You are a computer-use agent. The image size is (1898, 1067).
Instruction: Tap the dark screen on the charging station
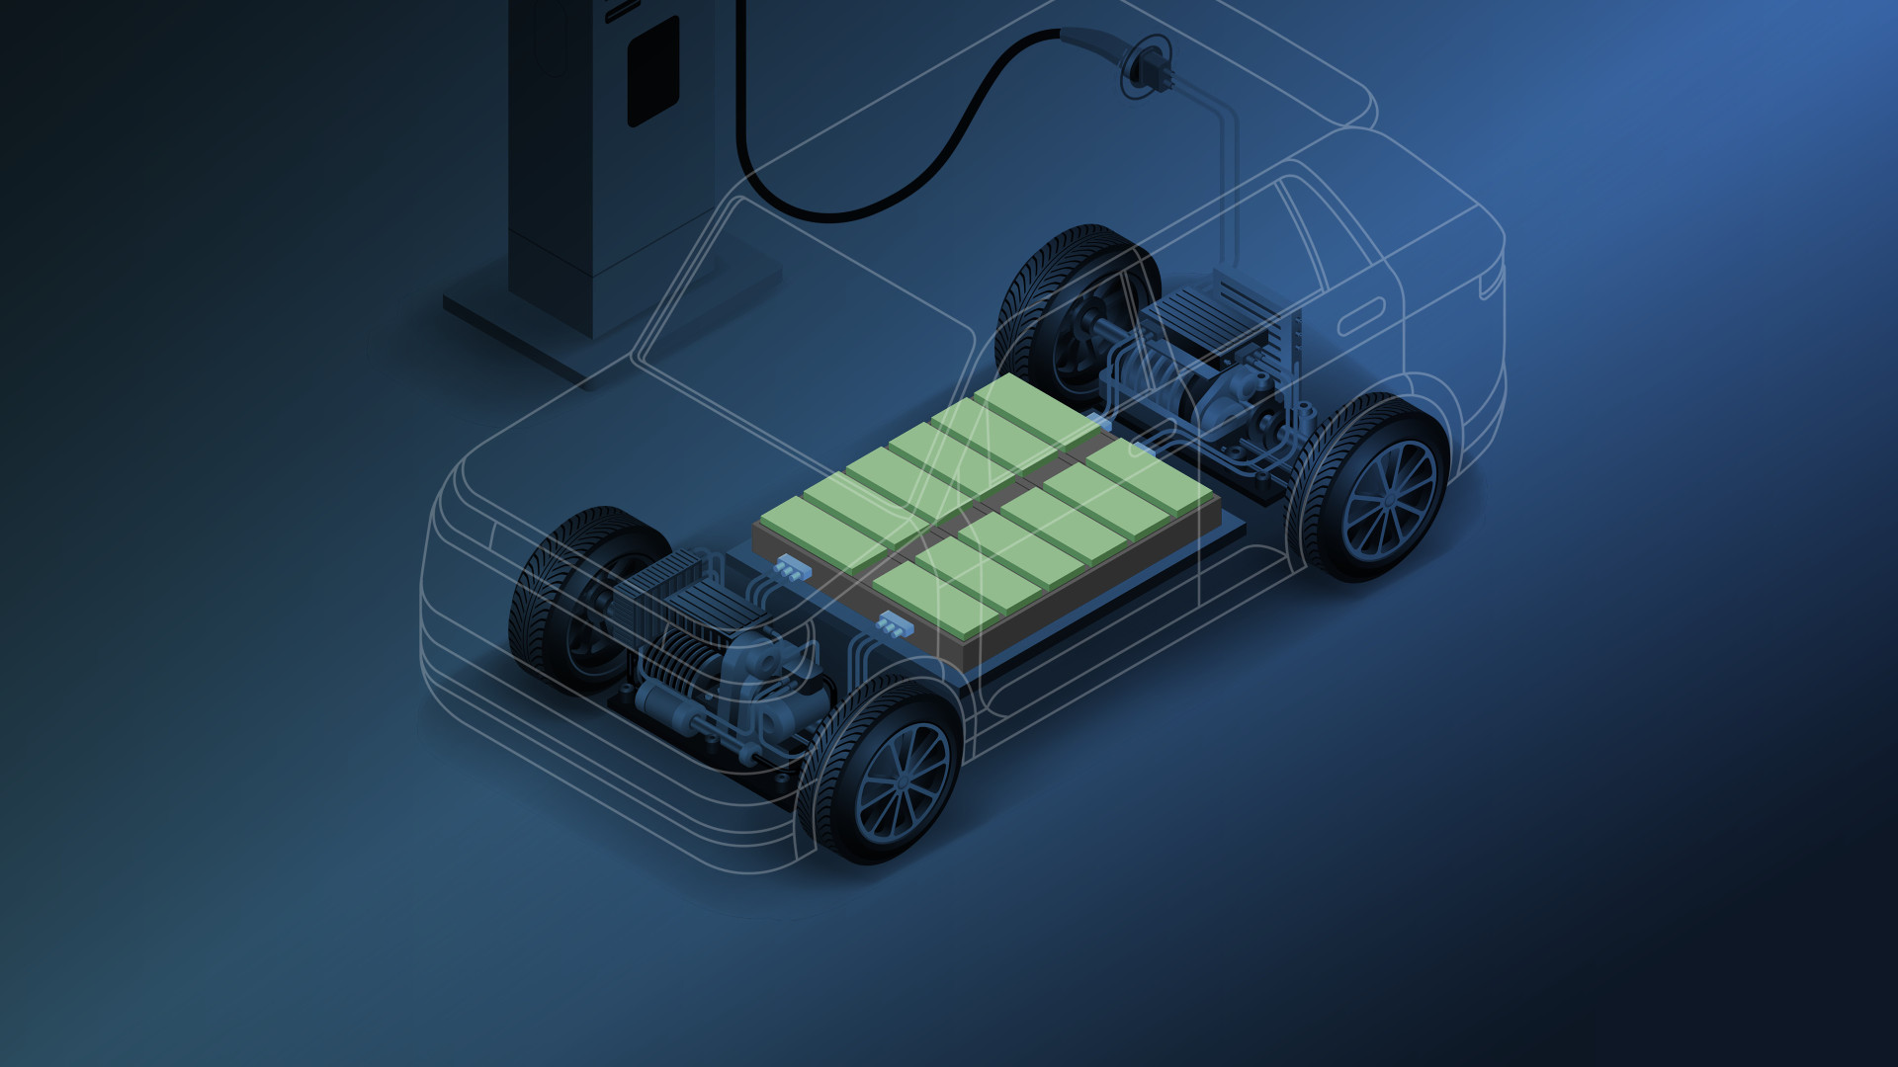(x=653, y=72)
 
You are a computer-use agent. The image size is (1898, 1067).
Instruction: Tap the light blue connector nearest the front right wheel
(x=893, y=624)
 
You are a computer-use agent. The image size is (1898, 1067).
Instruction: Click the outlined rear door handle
(x=1360, y=317)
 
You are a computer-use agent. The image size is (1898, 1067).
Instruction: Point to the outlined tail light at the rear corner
(x=1491, y=283)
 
